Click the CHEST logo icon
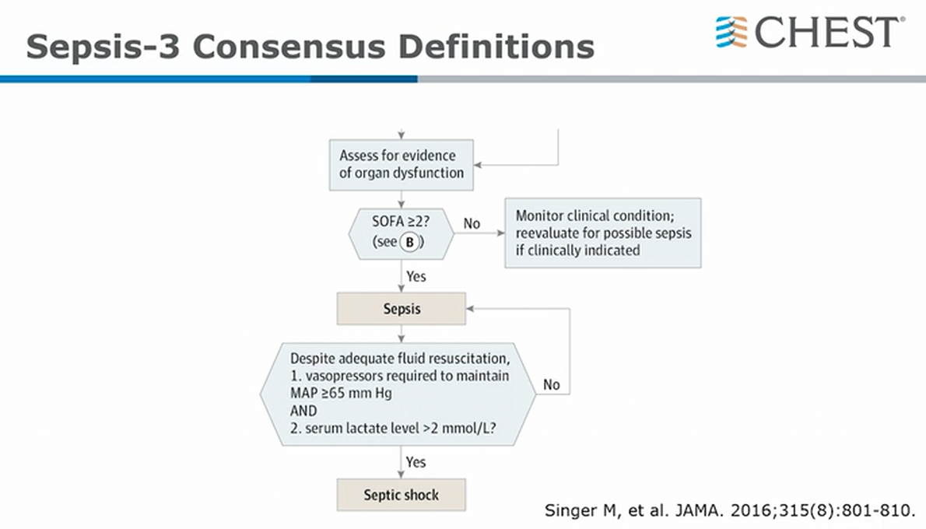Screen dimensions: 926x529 point(731,32)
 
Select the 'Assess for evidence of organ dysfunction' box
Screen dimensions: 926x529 point(402,165)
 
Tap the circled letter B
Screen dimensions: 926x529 point(410,242)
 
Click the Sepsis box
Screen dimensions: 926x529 point(402,309)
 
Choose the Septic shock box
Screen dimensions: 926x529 point(402,495)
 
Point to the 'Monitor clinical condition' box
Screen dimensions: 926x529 point(603,233)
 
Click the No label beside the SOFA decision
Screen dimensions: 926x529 point(472,224)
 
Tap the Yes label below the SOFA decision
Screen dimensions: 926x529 point(416,276)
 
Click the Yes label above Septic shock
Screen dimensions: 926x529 point(416,462)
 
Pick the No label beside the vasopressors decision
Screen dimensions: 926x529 point(552,385)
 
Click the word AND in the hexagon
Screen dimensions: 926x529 point(303,411)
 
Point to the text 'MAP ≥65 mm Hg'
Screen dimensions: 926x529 point(341,393)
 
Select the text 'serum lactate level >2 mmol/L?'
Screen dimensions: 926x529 point(401,428)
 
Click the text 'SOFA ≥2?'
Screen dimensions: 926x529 point(401,222)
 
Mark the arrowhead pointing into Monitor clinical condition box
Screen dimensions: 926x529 point(501,233)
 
